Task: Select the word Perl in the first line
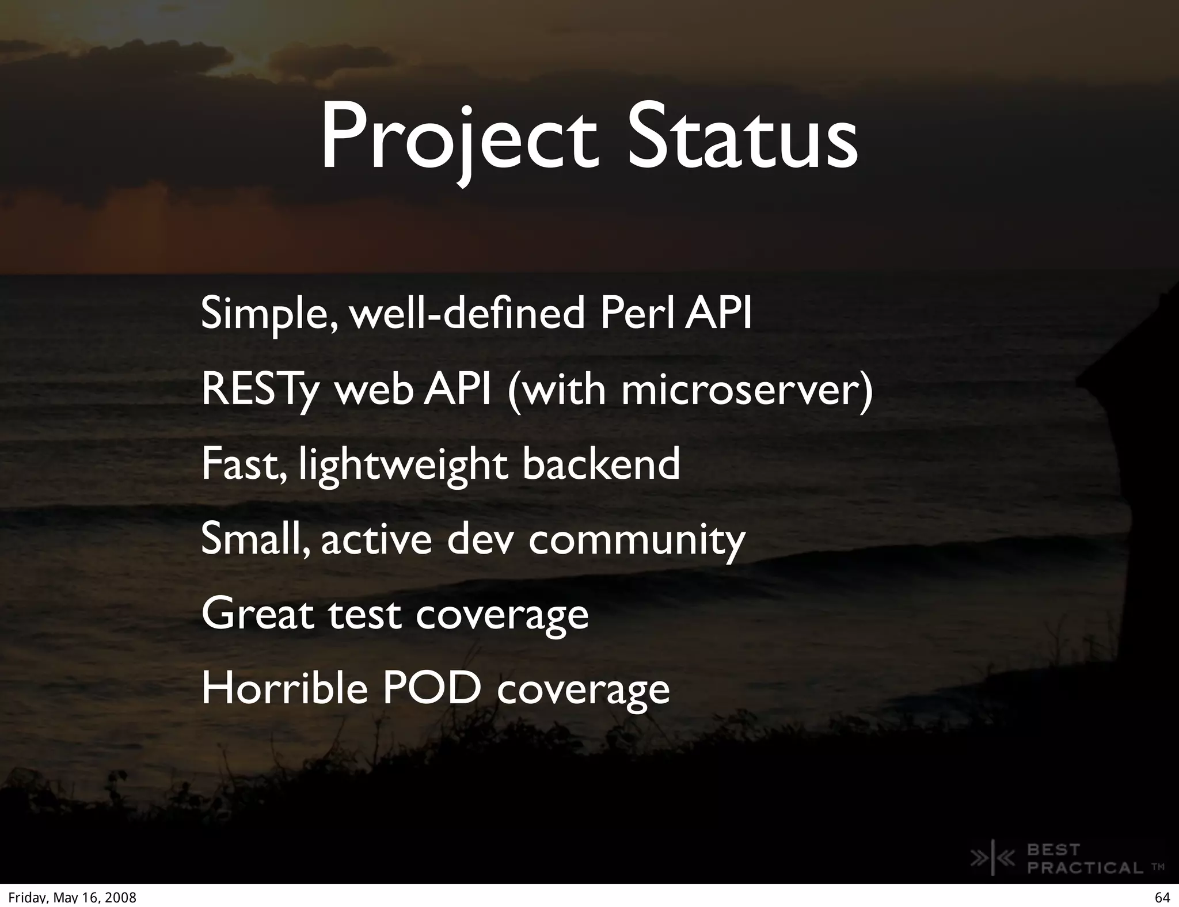(x=638, y=314)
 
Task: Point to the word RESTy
(x=260, y=390)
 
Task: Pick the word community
(x=637, y=541)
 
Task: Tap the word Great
(x=257, y=614)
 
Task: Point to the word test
(x=364, y=615)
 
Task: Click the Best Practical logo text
(x=1085, y=859)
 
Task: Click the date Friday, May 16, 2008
(x=72, y=898)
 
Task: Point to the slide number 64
(x=1162, y=898)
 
